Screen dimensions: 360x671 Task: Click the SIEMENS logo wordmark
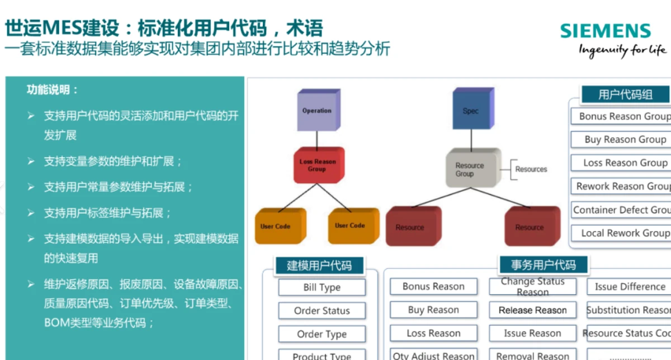[x=606, y=31]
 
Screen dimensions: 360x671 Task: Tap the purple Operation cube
[x=317, y=111]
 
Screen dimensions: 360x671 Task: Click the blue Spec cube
[x=471, y=111]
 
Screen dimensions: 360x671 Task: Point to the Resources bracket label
[x=531, y=169]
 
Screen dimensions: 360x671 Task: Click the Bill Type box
[x=322, y=287]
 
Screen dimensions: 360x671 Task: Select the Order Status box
[x=322, y=311]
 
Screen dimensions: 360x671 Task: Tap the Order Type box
[x=322, y=334]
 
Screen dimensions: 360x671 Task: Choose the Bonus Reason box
[x=433, y=287]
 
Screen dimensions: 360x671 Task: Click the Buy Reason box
[x=433, y=310]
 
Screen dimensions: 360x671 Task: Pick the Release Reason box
[x=532, y=310]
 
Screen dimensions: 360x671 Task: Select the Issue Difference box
[x=630, y=287]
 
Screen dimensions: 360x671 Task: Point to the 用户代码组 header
[x=625, y=94]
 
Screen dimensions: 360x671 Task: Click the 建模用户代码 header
[x=319, y=266]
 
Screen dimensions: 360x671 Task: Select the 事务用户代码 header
[x=543, y=264]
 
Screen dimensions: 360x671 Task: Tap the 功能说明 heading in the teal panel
[x=53, y=90]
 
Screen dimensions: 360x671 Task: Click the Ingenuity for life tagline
[x=622, y=51]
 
